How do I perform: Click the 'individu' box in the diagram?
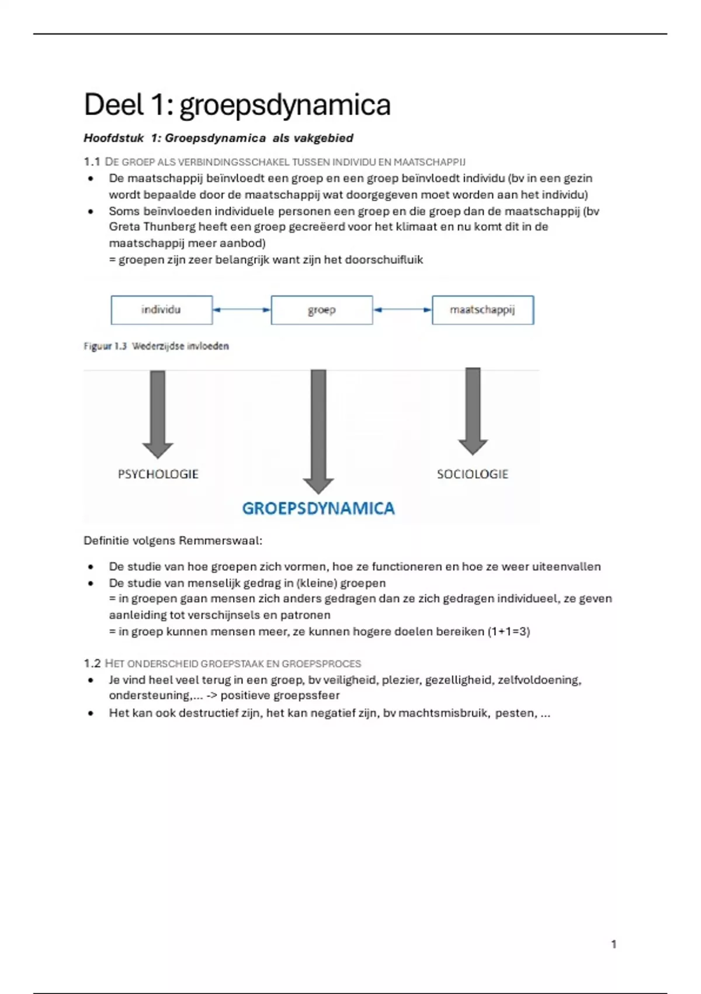click(161, 310)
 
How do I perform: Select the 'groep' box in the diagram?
click(322, 310)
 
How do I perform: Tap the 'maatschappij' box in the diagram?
click(483, 310)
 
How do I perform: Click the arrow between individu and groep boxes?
click(242, 310)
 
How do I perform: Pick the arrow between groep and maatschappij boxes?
click(402, 310)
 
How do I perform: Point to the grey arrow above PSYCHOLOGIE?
click(158, 412)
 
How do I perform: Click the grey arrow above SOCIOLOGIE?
click(473, 409)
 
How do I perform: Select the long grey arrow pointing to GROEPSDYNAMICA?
click(318, 430)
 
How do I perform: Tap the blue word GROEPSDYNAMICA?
click(318, 509)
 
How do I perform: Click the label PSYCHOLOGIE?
click(158, 474)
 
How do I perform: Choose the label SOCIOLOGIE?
click(473, 474)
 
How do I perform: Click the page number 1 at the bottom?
click(613, 944)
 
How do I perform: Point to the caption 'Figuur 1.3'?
click(105, 346)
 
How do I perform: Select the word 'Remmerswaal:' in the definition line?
click(220, 541)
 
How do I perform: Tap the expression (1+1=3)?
click(509, 631)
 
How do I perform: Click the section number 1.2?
click(92, 664)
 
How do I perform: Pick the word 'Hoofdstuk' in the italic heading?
click(114, 139)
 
